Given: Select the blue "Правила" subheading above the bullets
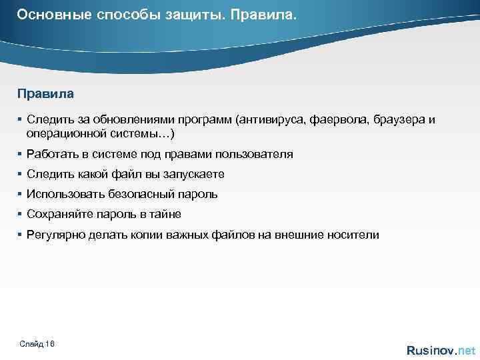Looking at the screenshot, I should click(45, 94).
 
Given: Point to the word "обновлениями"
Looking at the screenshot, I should click(133, 119).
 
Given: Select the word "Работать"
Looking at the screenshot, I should click(51, 154).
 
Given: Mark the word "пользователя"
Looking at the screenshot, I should click(257, 154).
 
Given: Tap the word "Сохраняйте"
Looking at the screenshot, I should click(58, 214).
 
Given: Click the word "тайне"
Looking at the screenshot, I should click(165, 214).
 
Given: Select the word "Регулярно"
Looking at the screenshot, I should click(55, 235).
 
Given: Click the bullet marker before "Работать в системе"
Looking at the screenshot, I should click(21, 154).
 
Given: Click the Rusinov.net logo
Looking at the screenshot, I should click(441, 350).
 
